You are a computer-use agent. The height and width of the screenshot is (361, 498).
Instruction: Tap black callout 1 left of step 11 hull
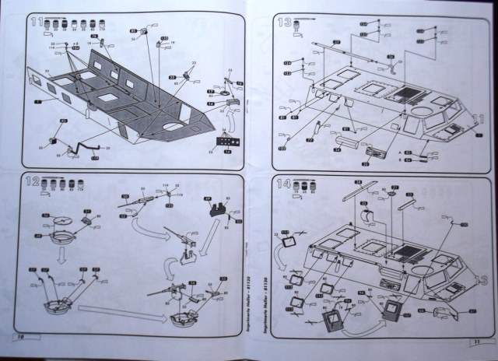39,101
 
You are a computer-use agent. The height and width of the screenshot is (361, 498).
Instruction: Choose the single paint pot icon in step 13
302,29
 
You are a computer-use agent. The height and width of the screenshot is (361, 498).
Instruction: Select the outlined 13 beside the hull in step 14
481,278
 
